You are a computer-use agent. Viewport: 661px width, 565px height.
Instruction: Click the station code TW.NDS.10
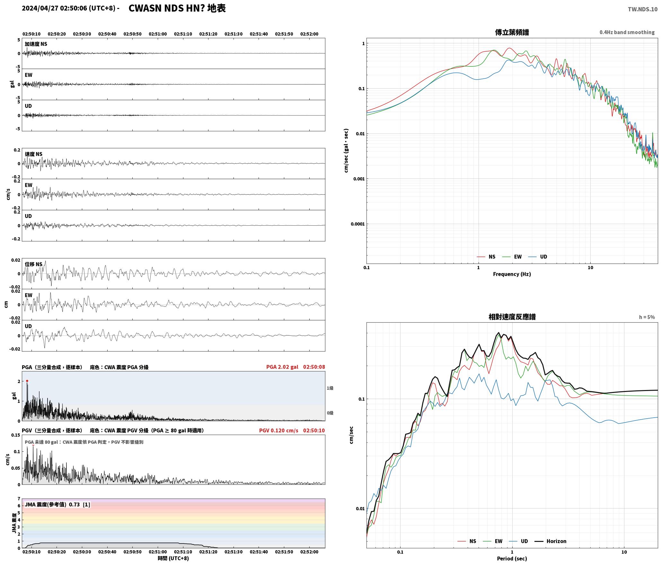642,9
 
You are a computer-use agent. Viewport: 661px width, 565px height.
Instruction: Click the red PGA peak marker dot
27,381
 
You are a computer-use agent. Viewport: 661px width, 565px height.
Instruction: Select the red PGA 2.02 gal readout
282,367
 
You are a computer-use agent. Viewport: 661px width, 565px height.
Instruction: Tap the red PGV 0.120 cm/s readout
278,430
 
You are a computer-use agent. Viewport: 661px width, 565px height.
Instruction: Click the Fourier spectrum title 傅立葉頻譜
512,32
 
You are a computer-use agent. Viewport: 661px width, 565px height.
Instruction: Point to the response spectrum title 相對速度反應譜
512,317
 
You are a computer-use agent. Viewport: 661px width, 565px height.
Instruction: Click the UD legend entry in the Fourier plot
538,257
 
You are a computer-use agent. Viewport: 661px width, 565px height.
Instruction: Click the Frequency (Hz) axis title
512,274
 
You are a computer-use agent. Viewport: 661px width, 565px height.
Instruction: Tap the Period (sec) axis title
512,559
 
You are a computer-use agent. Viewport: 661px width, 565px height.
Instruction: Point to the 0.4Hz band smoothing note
627,32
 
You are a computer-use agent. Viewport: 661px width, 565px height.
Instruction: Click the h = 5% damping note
647,317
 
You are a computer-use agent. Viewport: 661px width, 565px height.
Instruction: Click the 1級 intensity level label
330,388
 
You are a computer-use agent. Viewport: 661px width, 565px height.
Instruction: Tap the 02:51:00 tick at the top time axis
158,34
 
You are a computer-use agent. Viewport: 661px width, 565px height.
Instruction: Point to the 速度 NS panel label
34,154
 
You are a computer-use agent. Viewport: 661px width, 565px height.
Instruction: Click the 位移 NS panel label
34,264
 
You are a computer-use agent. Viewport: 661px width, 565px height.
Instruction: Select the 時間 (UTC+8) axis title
173,558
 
